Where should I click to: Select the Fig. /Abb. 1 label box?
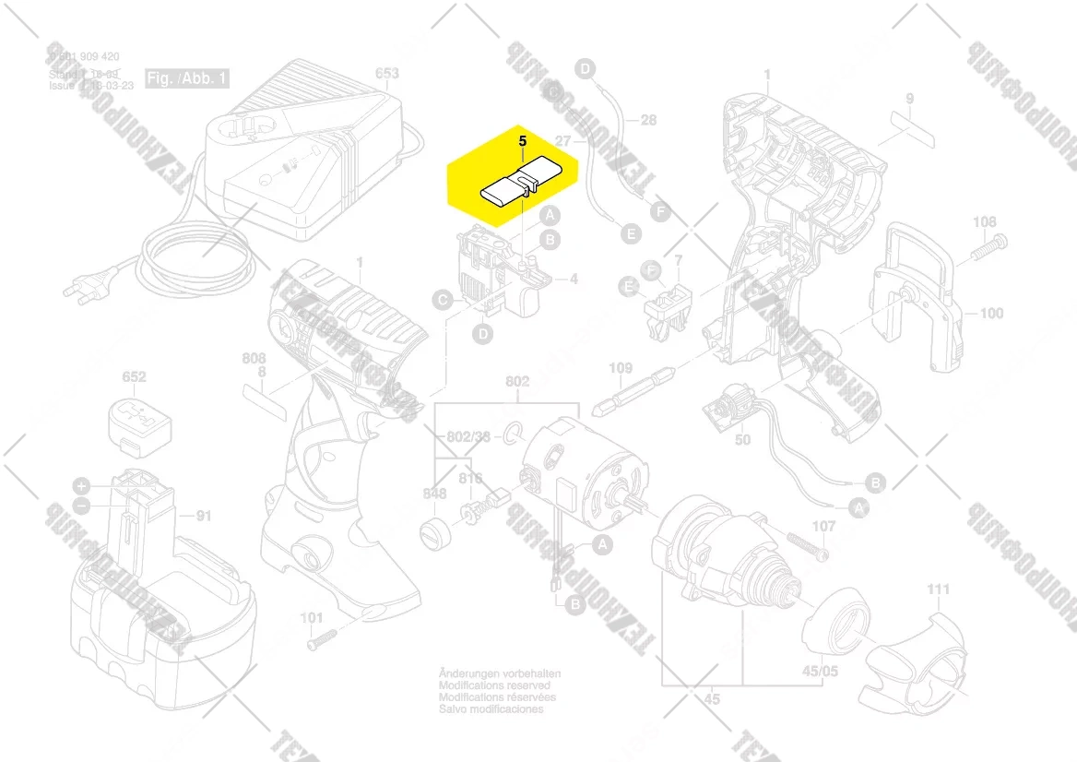click(x=186, y=78)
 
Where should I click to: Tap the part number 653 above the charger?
click(x=387, y=74)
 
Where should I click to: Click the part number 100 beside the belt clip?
click(x=991, y=314)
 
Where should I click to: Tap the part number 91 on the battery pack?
click(x=203, y=517)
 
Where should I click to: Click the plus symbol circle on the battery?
click(x=82, y=485)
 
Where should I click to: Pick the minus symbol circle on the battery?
click(x=82, y=506)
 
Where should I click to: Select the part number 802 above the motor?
click(x=517, y=381)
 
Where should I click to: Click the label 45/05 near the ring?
click(x=819, y=671)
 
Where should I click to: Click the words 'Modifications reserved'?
click(x=494, y=686)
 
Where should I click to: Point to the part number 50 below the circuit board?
click(x=742, y=440)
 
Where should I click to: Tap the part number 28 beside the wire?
click(x=648, y=120)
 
